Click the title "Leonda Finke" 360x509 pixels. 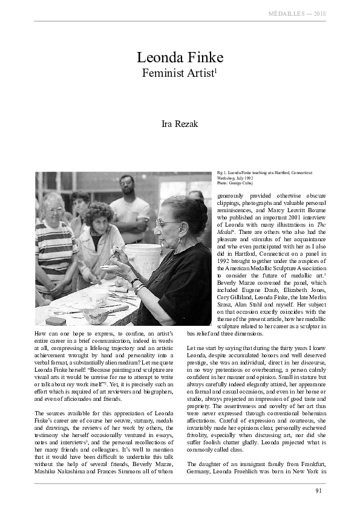click(x=180, y=58)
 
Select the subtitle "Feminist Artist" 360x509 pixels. click(x=178, y=74)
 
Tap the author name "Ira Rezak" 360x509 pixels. click(x=180, y=125)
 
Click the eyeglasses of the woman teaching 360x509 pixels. click(x=163, y=222)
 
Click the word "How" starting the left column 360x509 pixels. click(x=42, y=334)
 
